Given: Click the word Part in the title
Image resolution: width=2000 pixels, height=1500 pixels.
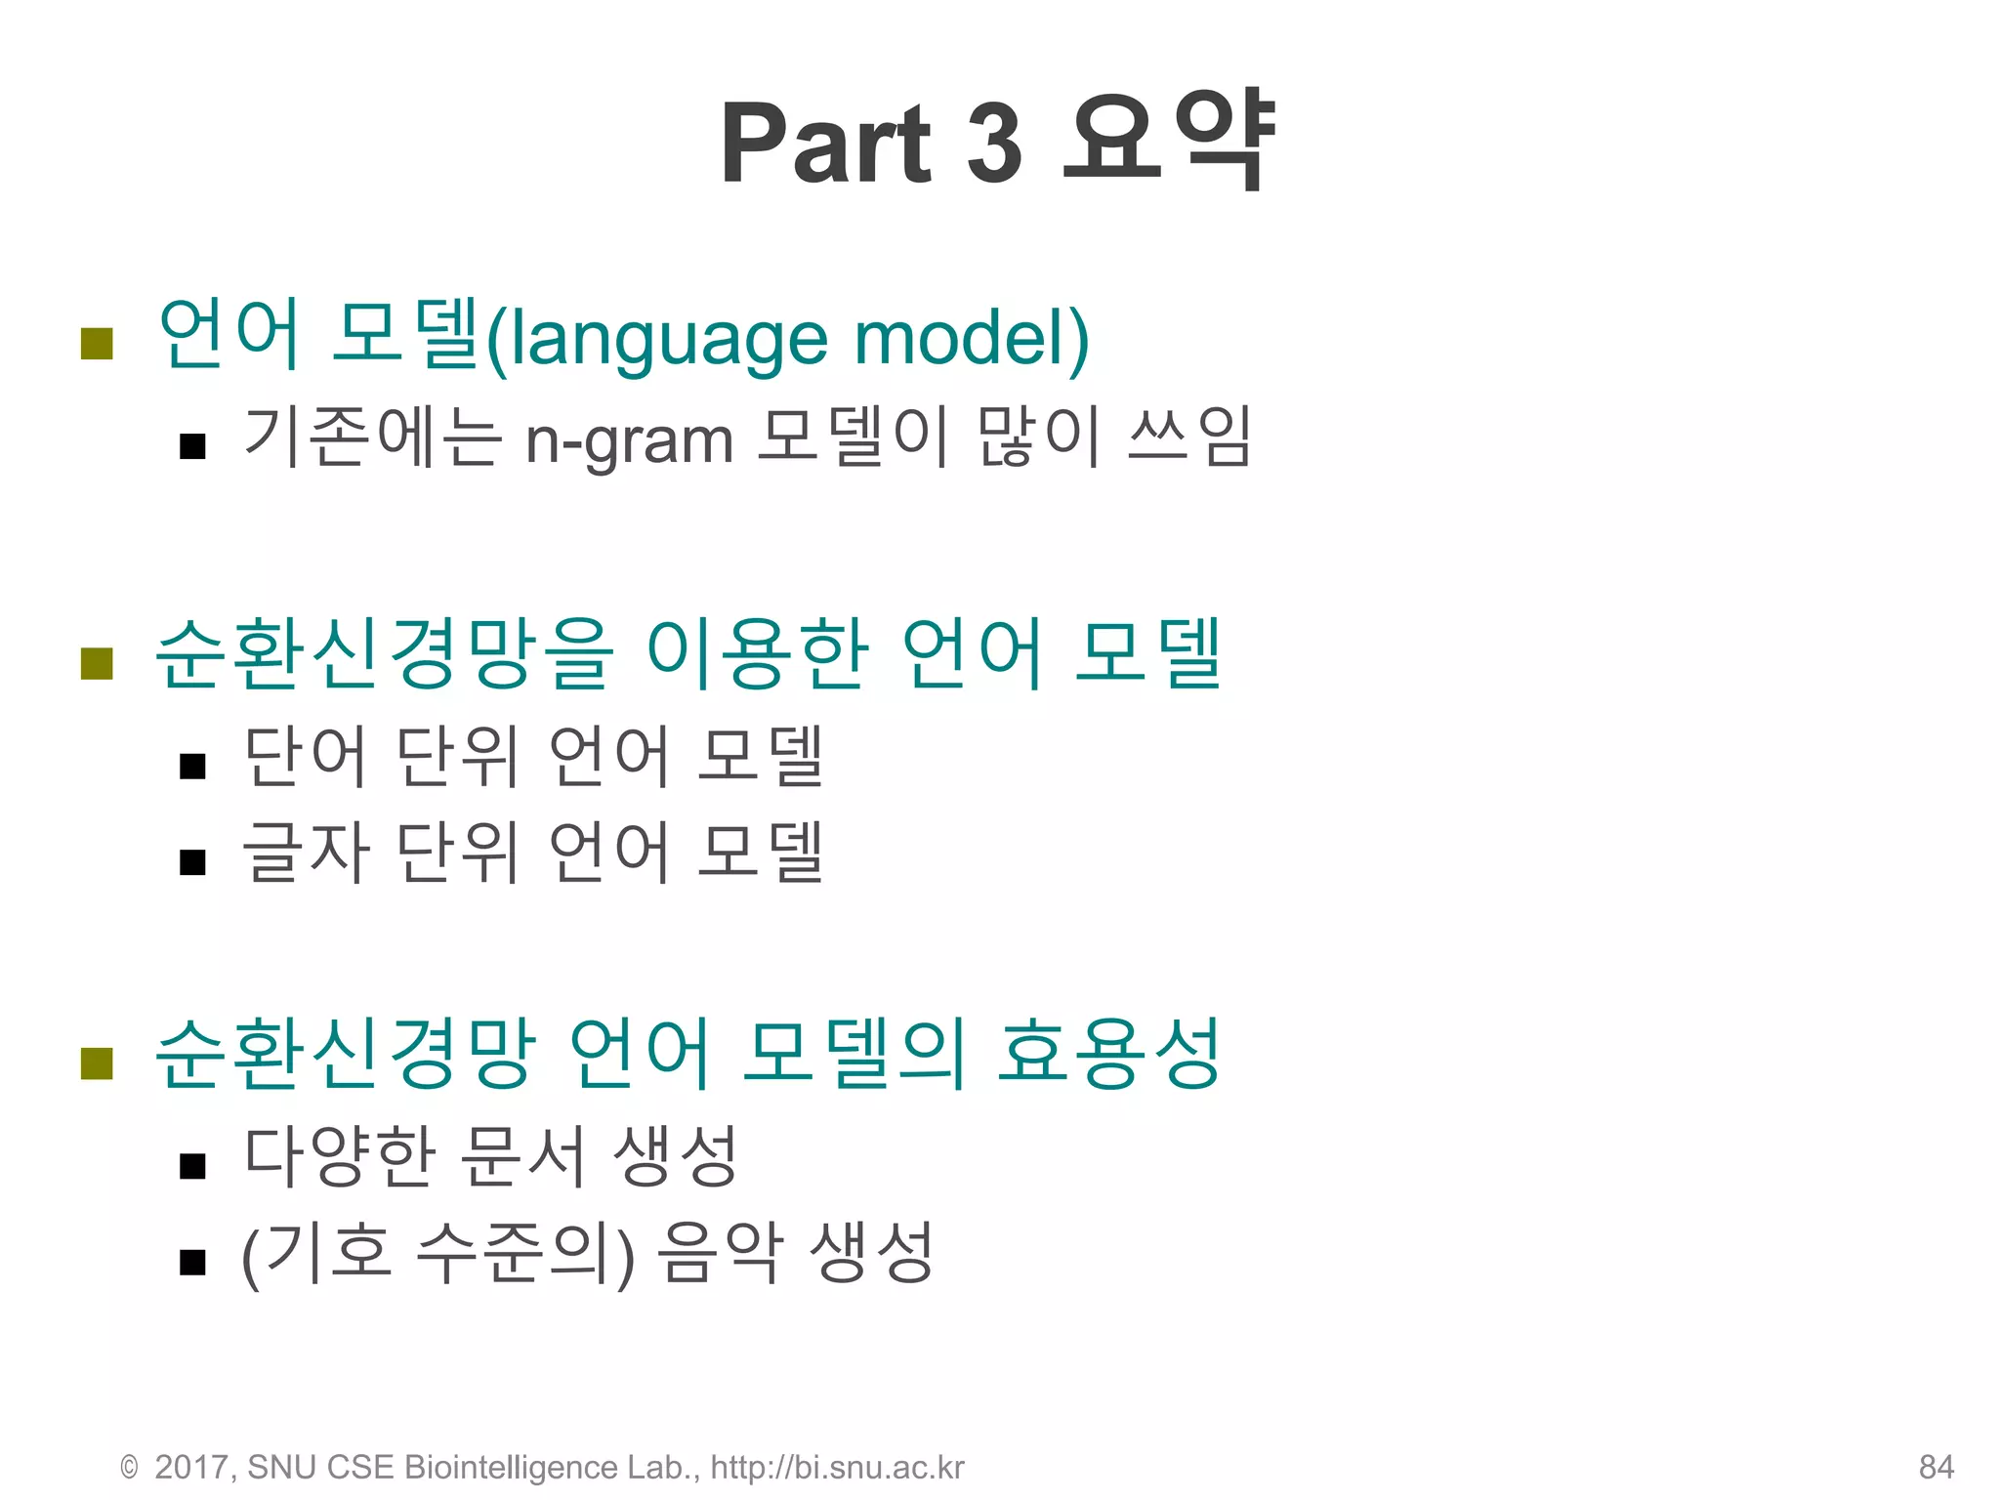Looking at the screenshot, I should click(826, 144).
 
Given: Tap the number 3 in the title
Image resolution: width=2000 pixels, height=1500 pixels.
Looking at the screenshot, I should click(994, 144).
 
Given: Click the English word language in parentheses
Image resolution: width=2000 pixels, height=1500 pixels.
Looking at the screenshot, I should click(671, 339).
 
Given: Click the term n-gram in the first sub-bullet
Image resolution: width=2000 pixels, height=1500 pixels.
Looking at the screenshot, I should click(629, 440).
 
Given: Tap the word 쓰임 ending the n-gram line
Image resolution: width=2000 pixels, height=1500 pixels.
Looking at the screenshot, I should click(1188, 437).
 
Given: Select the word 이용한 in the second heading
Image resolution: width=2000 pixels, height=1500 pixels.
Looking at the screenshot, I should click(757, 653).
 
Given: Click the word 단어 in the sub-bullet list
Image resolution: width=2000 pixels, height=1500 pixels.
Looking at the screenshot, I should click(305, 756).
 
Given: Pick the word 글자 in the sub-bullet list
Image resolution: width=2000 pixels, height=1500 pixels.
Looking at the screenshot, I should click(305, 852).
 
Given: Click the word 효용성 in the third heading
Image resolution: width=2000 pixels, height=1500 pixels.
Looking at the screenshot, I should click(1108, 1053).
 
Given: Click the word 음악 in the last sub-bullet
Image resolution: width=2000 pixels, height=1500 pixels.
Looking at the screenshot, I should click(721, 1253).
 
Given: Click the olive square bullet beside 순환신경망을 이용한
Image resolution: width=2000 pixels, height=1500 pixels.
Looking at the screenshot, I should click(97, 663).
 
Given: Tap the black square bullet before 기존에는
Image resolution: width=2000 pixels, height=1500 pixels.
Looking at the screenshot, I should click(192, 446).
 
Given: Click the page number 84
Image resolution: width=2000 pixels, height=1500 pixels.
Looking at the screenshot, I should click(1936, 1467).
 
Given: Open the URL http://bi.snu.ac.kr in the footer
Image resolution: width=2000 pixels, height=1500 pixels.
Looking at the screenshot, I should click(837, 1467).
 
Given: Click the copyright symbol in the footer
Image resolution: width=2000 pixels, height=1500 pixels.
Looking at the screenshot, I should click(129, 1467).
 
